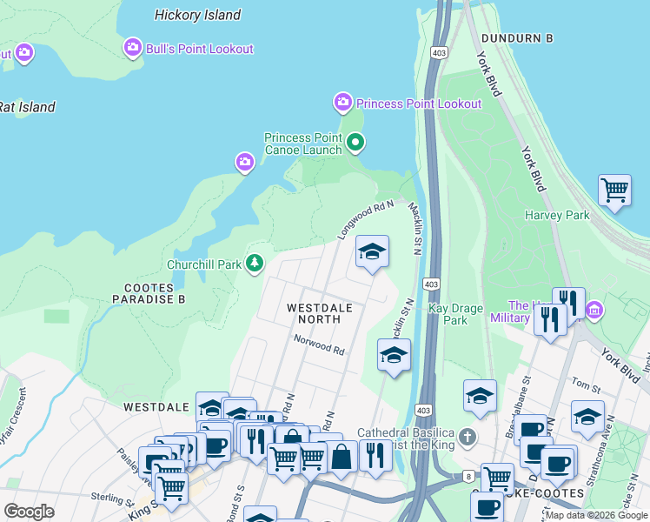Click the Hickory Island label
click(x=197, y=15)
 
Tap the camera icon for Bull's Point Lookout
click(x=133, y=47)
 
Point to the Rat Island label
click(x=27, y=108)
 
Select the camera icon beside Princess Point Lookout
click(x=343, y=103)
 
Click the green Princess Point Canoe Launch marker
click(x=355, y=142)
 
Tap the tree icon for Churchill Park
click(x=254, y=263)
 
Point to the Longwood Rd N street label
click(x=366, y=221)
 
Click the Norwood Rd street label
click(x=319, y=345)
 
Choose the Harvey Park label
click(x=557, y=215)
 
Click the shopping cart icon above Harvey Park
click(x=614, y=189)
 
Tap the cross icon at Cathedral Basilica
click(x=468, y=435)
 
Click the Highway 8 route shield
click(x=468, y=476)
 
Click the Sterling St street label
click(x=109, y=496)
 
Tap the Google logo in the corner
click(x=30, y=512)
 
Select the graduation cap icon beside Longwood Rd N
click(x=372, y=251)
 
